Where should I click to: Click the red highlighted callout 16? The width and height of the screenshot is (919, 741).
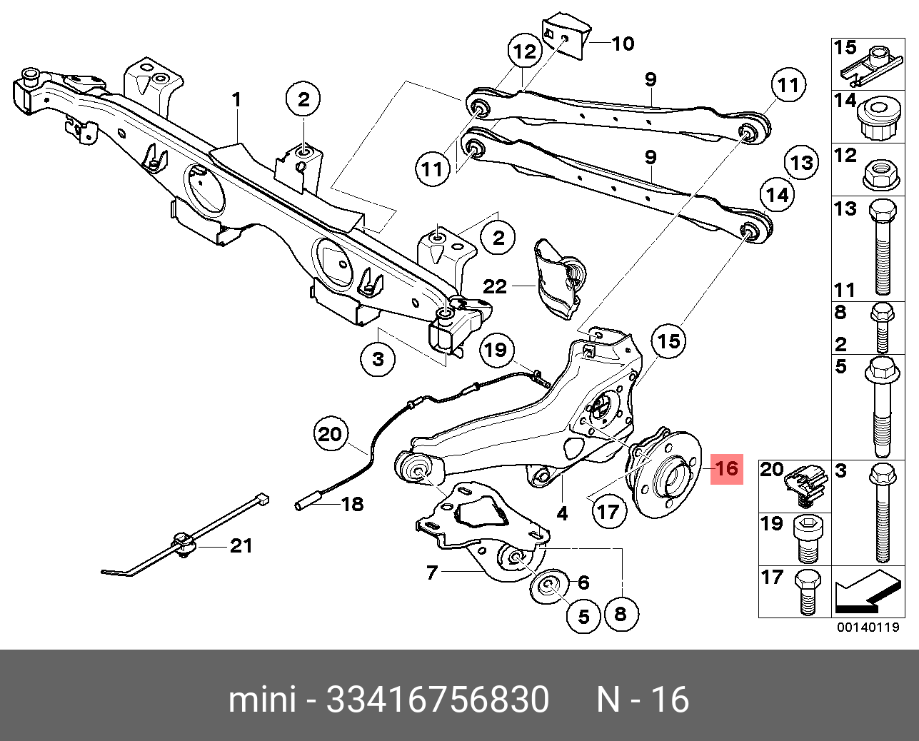coord(726,468)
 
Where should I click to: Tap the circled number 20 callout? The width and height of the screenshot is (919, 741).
coord(330,434)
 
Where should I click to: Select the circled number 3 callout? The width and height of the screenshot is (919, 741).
coord(378,358)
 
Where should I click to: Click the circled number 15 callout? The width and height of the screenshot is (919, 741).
coord(668,341)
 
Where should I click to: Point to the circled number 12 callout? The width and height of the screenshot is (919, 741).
coord(524,51)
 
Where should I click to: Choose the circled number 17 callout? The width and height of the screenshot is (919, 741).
coord(608,511)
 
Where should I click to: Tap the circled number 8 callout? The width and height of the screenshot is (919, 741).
coord(620,613)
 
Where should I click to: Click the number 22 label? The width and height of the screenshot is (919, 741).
coord(495,286)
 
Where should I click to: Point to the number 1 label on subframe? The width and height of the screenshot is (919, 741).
coord(236,99)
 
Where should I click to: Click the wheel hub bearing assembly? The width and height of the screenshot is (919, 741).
coord(664,475)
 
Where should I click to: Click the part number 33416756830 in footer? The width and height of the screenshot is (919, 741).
coord(438,700)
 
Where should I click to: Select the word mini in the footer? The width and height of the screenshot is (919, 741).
coord(261,700)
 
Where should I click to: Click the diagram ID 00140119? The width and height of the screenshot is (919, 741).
coord(868,628)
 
